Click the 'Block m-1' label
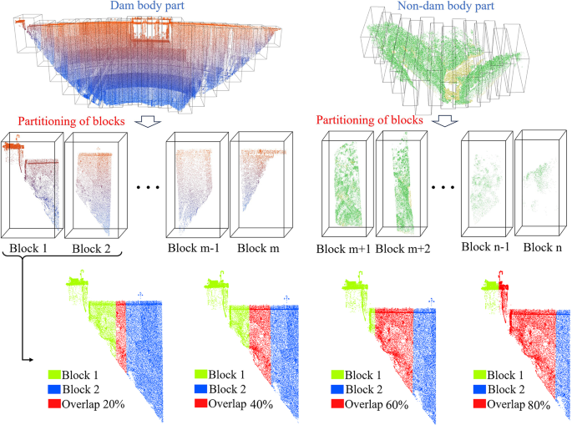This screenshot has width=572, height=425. (195, 249)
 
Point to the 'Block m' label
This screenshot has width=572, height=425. (260, 249)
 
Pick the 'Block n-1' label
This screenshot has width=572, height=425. (488, 249)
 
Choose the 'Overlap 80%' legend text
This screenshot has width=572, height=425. (510, 404)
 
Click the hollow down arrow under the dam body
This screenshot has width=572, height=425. (148, 121)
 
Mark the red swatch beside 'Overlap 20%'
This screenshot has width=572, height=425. (40, 404)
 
